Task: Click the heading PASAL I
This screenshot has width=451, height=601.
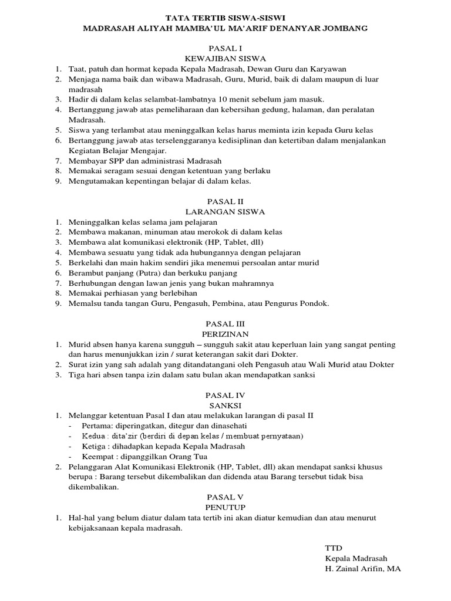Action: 225,48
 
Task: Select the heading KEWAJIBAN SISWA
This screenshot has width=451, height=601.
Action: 225,58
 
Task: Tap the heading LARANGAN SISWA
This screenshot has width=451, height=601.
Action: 225,211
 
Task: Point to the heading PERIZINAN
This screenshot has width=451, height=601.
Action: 225,333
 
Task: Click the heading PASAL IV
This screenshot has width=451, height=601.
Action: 225,395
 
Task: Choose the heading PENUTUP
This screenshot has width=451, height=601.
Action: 225,507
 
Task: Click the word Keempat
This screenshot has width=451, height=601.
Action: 97,456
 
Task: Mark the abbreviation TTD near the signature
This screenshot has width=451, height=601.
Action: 334,548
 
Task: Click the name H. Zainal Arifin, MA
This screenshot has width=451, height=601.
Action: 363,569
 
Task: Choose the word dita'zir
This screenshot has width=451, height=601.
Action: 123,436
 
